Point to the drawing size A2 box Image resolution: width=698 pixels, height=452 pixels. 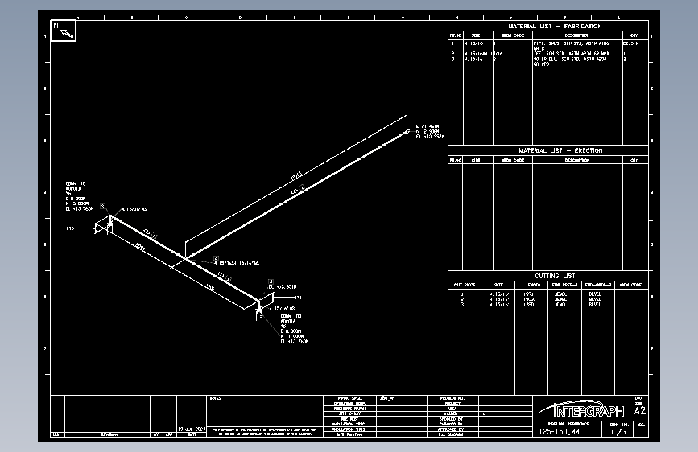(x=640, y=409)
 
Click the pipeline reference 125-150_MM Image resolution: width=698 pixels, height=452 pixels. (x=559, y=432)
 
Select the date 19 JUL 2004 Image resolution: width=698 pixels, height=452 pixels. (x=193, y=429)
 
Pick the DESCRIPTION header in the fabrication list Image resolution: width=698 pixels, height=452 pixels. (x=576, y=35)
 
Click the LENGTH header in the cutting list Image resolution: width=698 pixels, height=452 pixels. (x=533, y=284)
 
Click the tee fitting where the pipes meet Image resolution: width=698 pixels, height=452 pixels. (x=186, y=257)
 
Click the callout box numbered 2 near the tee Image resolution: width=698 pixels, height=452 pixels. (x=216, y=259)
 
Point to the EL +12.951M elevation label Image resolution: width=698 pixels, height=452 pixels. (x=283, y=286)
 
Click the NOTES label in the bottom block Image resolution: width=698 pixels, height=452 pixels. (x=215, y=398)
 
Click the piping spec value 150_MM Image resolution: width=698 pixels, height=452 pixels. (x=389, y=398)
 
